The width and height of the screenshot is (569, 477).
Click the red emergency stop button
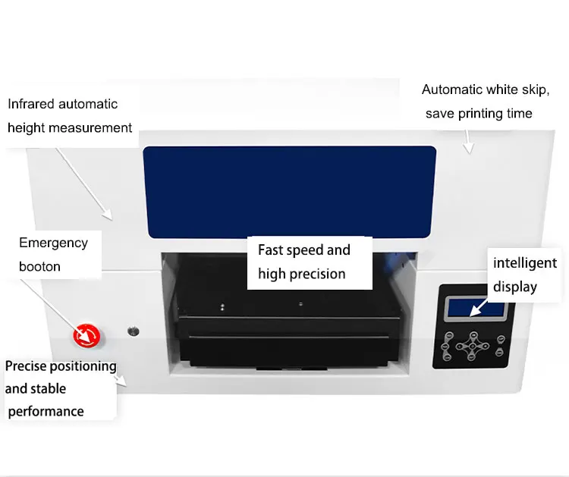85,334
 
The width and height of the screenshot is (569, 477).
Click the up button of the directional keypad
473,334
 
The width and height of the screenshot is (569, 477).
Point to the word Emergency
53,243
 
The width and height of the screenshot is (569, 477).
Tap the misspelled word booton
39,266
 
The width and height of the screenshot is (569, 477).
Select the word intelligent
525,263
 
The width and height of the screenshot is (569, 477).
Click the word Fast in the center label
271,250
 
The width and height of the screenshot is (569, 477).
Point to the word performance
46,411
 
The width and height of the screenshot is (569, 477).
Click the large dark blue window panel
289,192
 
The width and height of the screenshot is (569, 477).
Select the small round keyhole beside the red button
134,331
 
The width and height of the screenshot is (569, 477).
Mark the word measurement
86,127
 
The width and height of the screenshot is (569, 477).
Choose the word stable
49,388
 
